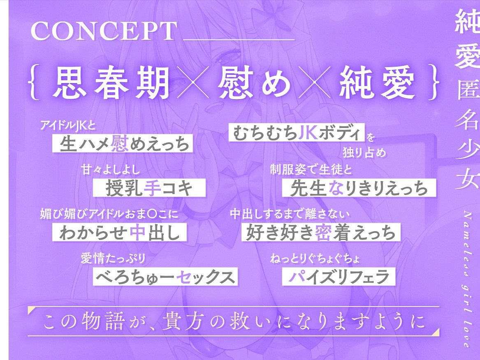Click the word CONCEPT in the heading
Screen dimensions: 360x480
pyautogui.click(x=104, y=31)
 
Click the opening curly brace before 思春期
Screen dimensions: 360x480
pyautogui.click(x=36, y=82)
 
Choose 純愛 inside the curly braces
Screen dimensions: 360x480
pyautogui.click(x=376, y=82)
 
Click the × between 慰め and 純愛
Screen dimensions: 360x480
pyautogui.click(x=315, y=82)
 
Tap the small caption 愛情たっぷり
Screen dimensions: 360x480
pyautogui.click(x=113, y=259)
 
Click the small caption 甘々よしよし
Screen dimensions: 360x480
pyautogui.click(x=111, y=170)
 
